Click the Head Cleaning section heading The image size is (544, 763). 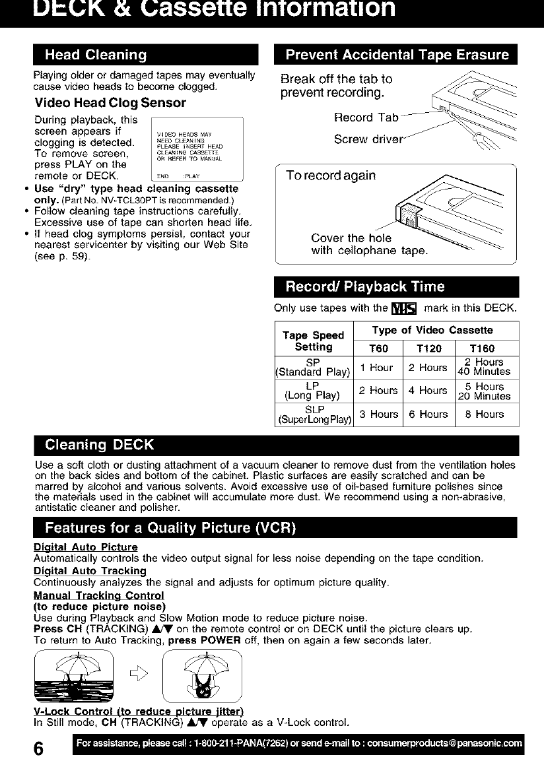point(96,54)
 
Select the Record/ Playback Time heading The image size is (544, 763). point(365,286)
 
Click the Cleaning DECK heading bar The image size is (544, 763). point(99,442)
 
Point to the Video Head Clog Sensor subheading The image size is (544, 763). point(110,103)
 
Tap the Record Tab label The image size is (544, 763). point(366,117)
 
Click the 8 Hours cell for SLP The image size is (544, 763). point(484,415)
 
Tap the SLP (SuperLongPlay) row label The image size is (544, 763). point(314,414)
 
